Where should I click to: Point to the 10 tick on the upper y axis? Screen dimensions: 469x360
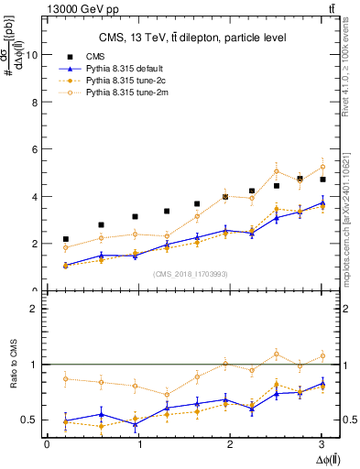[33, 54]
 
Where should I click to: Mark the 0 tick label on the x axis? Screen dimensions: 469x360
[47, 445]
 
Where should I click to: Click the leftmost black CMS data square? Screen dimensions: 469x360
[65, 239]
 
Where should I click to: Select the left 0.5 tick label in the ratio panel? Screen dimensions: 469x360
[32, 420]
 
